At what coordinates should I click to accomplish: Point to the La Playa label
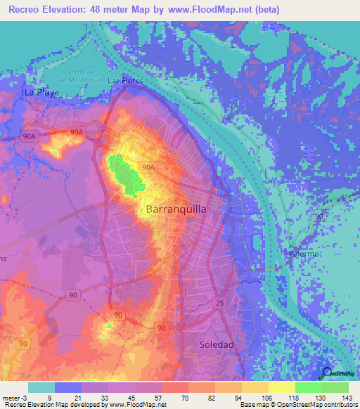(38, 92)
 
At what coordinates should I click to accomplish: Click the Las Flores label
(125, 81)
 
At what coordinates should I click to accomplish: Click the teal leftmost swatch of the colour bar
(41, 387)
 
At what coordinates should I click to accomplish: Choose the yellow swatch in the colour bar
(282, 387)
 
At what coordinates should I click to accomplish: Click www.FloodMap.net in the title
(212, 10)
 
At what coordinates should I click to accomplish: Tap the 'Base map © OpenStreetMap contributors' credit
(298, 405)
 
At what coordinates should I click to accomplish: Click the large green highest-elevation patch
(125, 173)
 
